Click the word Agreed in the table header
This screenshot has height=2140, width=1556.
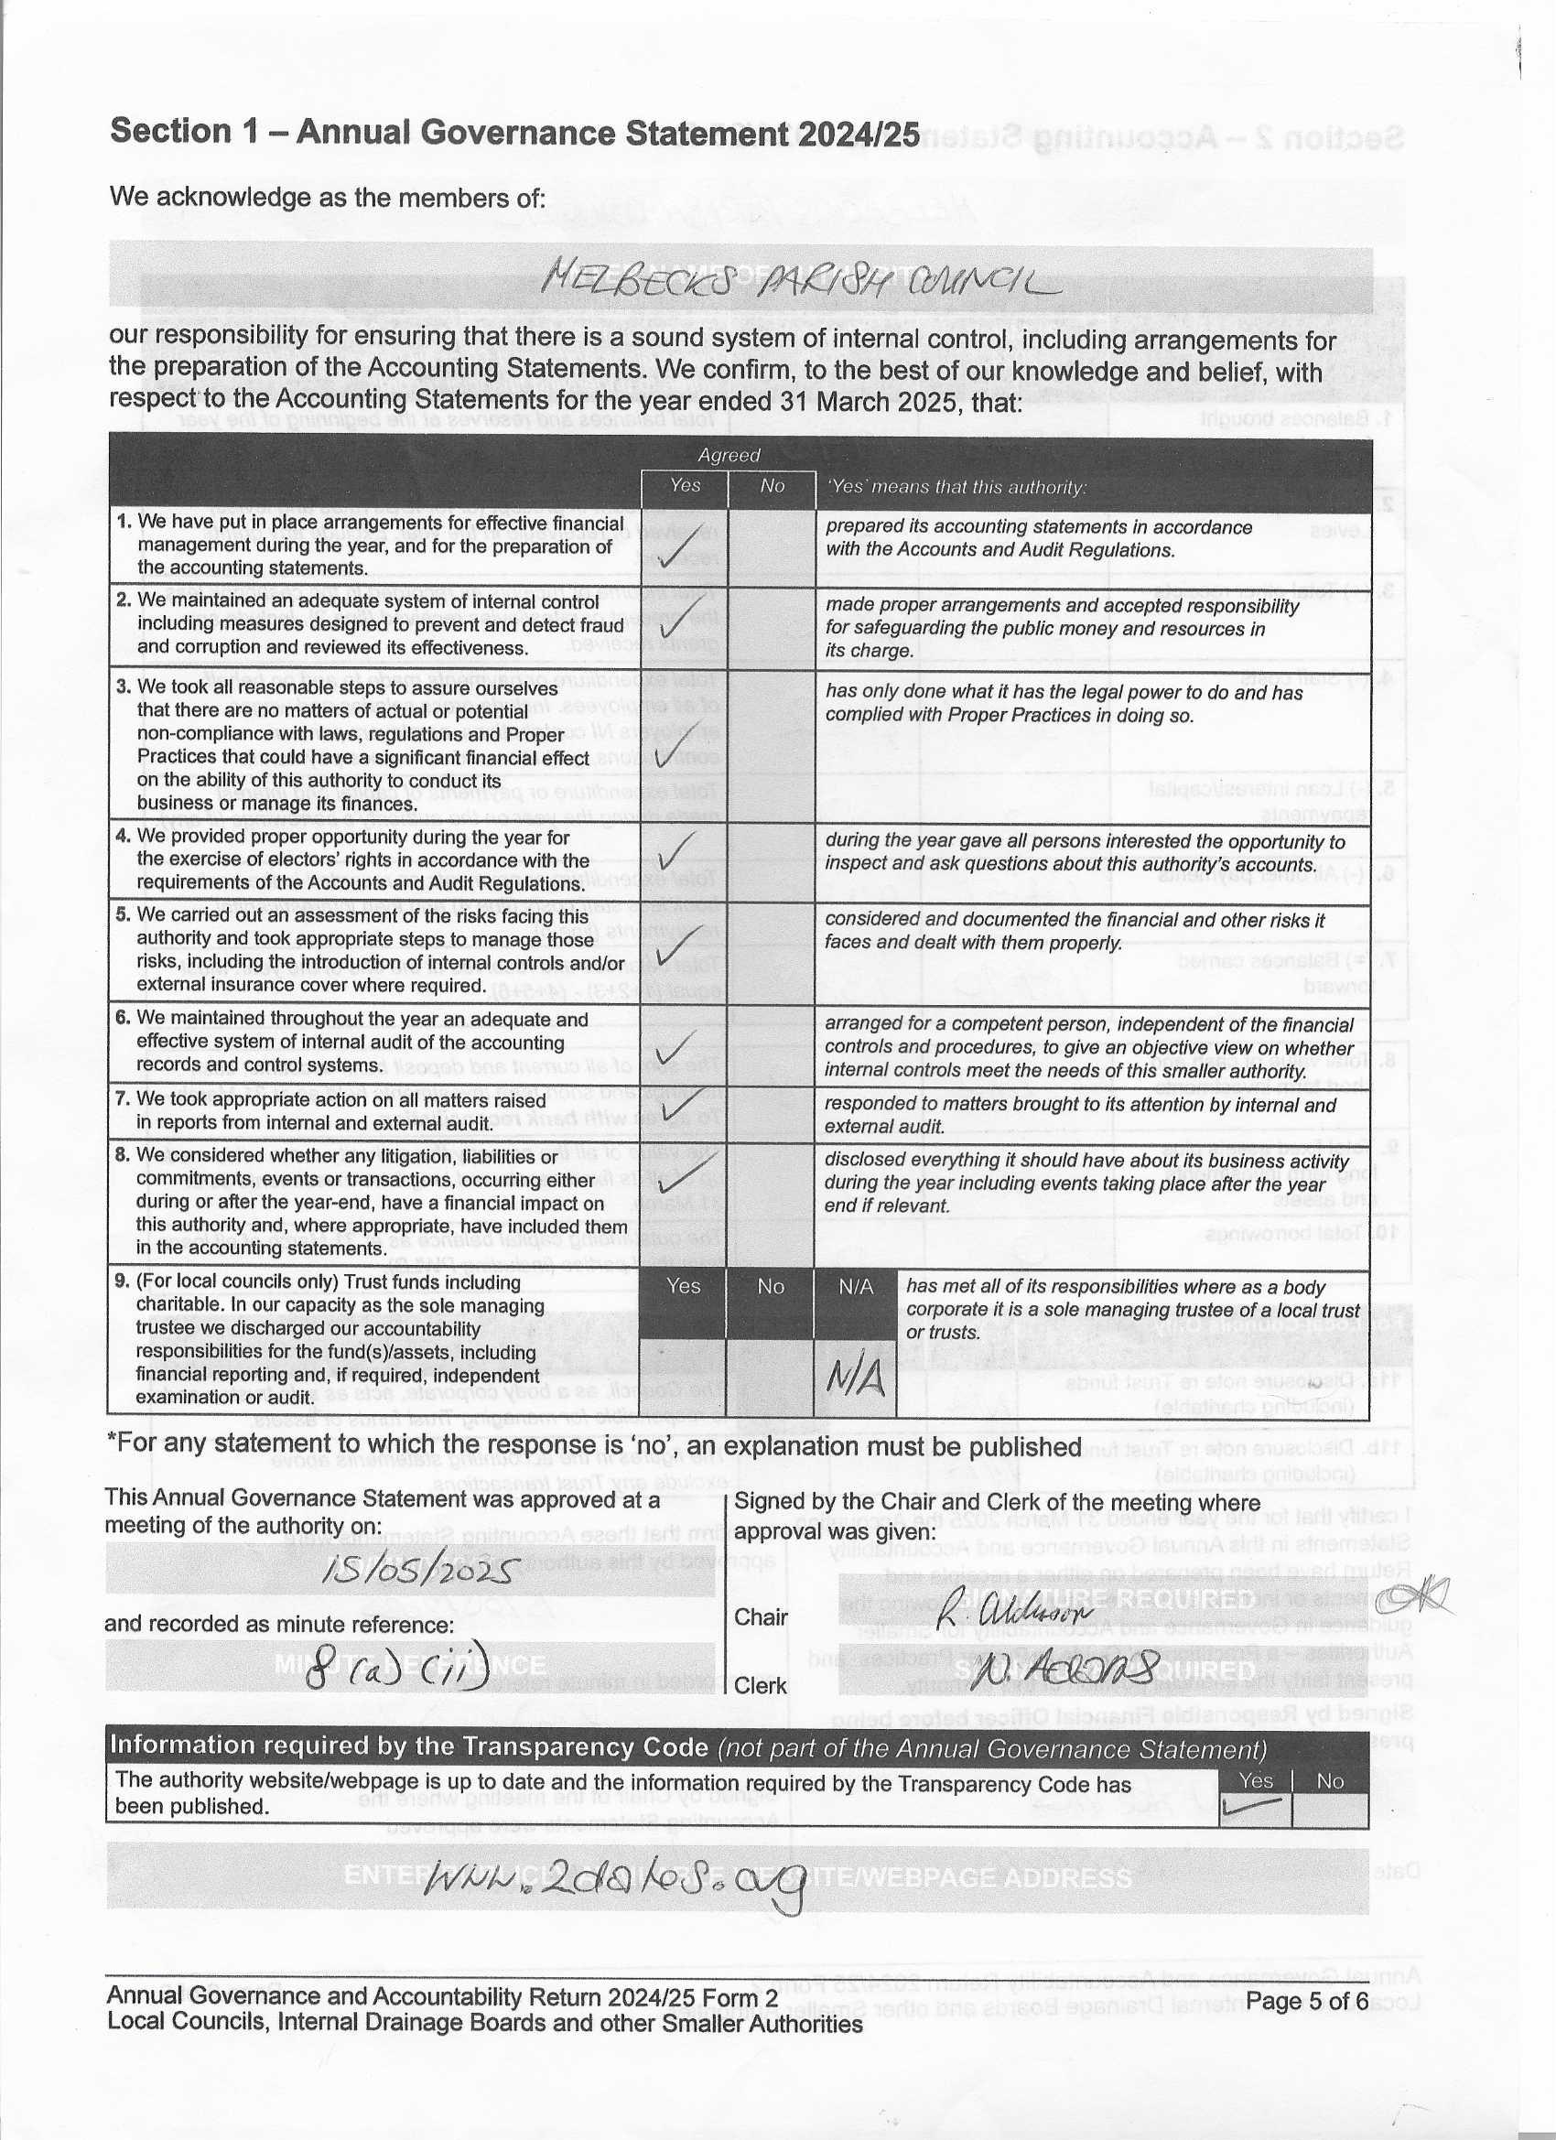(x=729, y=455)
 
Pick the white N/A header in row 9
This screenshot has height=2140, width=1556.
(x=856, y=1287)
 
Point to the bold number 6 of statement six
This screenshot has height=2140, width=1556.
(x=122, y=1018)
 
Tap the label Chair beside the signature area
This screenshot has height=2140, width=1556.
(x=761, y=1616)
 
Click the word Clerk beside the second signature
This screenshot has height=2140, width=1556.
(x=761, y=1685)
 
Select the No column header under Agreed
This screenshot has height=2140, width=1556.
(x=772, y=486)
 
